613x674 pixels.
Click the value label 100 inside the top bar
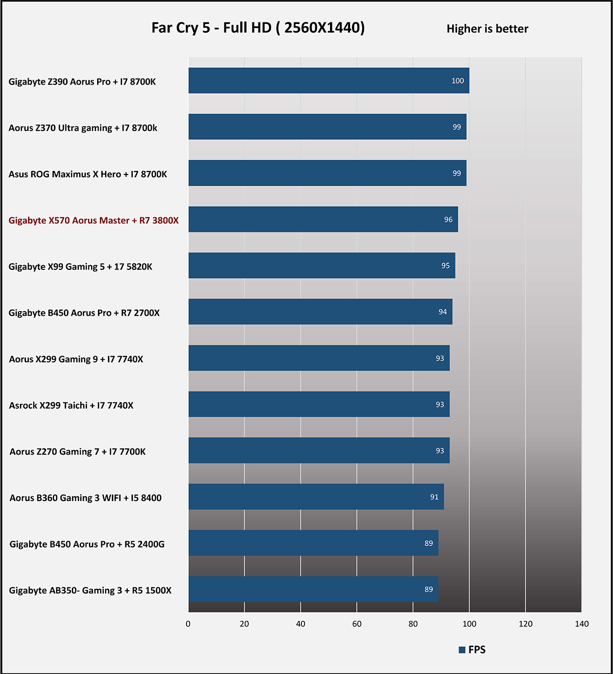(458, 81)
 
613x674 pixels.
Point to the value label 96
(448, 219)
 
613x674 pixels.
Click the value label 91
(434, 497)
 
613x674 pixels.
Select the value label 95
(445, 266)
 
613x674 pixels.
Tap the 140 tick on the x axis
(581, 624)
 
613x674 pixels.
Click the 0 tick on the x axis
(188, 624)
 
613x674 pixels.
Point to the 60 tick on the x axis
(357, 624)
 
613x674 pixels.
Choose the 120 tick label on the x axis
(525, 624)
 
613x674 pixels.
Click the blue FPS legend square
(462, 650)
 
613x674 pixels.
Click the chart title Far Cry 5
(258, 28)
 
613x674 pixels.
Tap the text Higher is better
(487, 29)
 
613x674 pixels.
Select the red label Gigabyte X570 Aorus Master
(93, 220)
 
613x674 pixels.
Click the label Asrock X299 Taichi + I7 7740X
(71, 406)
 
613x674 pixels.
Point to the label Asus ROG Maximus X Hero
(88, 174)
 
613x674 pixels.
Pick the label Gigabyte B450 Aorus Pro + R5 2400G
(87, 544)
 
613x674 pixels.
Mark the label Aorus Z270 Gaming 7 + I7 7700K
(78, 452)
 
